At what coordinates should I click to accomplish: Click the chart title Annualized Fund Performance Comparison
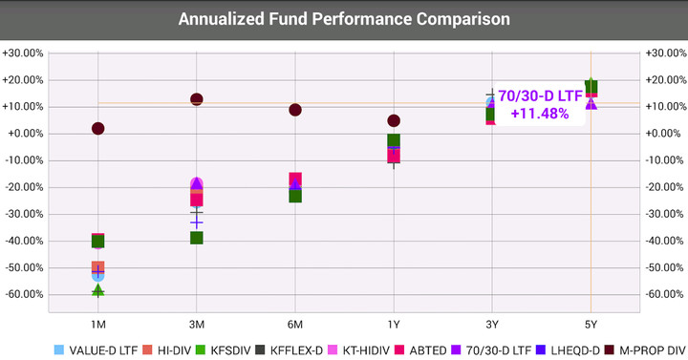(x=344, y=19)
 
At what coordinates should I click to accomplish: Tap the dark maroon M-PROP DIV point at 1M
(x=97, y=128)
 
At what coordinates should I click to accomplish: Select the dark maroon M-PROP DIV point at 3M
(x=197, y=99)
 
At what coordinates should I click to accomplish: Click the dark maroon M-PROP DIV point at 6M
(x=295, y=110)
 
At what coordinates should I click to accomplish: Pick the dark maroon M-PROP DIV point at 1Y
(x=394, y=120)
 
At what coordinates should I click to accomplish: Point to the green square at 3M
(x=197, y=238)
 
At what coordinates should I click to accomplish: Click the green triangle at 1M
(x=97, y=290)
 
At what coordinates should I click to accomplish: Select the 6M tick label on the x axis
(x=295, y=310)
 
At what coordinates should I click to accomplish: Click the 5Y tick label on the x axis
(x=591, y=310)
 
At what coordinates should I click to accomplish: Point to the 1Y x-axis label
(x=394, y=310)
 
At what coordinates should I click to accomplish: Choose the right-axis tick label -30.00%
(x=665, y=214)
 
